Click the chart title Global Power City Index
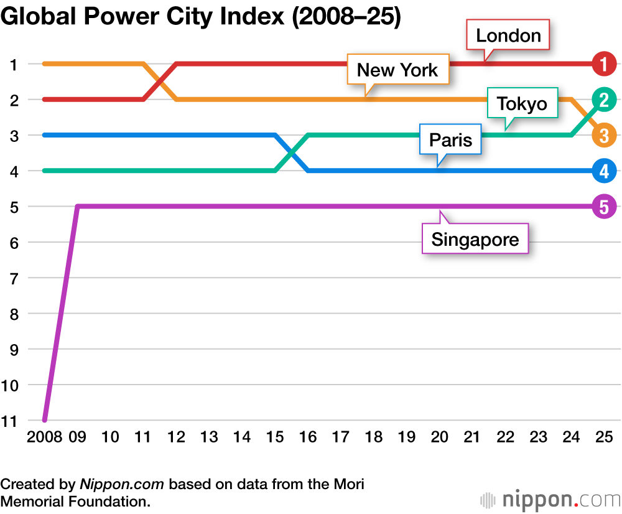200,17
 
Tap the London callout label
508,35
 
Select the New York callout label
397,70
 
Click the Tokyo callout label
522,104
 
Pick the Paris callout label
455,140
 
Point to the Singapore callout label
475,239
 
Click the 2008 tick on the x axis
44,437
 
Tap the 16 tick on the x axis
308,437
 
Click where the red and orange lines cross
160,82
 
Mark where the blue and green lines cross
292,152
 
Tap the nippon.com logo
549,499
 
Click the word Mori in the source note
350,484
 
